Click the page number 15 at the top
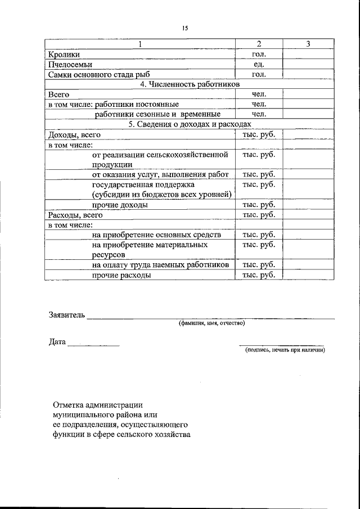pyautogui.click(x=184, y=28)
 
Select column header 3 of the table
pyautogui.click(x=308, y=44)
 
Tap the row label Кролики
pyautogui.click(x=64, y=54)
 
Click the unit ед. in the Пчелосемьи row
pyautogui.click(x=258, y=64)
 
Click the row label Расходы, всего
pyautogui.click(x=75, y=215)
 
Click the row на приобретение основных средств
pyautogui.click(x=156, y=235)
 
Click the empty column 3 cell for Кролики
pyautogui.click(x=308, y=54)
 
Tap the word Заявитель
pyautogui.click(x=66, y=315)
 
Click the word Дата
pyautogui.click(x=57, y=341)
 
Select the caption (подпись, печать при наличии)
pyautogui.click(x=285, y=350)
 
